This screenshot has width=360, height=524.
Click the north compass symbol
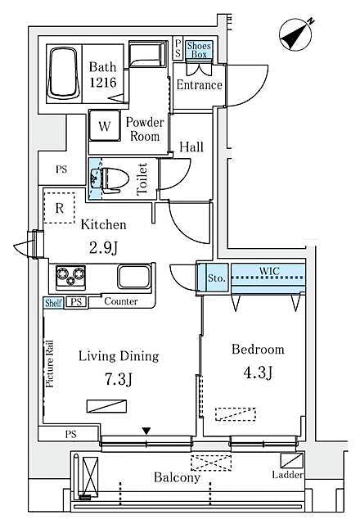point(295,35)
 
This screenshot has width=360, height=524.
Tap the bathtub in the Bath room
point(65,74)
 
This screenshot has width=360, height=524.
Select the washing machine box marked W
point(105,126)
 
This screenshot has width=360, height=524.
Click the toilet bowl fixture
point(112,178)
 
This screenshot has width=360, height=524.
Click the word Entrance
point(199,84)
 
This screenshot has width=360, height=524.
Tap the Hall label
point(191,147)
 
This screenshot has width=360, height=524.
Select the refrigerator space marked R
point(59,207)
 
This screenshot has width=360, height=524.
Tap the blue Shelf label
point(53,302)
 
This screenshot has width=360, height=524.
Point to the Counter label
point(120,302)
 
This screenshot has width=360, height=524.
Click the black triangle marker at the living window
point(146,431)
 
